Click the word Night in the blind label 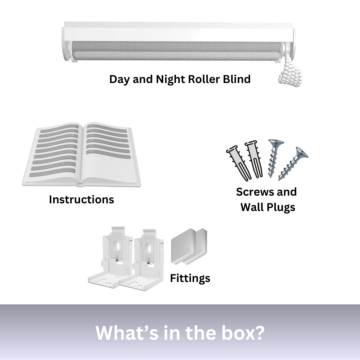click(x=171, y=79)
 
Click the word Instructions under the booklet click(x=82, y=200)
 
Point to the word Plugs click(x=281, y=208)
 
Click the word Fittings click(x=190, y=278)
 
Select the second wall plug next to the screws click(x=254, y=159)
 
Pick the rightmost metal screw click(x=293, y=163)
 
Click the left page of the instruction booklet click(x=54, y=153)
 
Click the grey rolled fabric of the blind click(x=177, y=52)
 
